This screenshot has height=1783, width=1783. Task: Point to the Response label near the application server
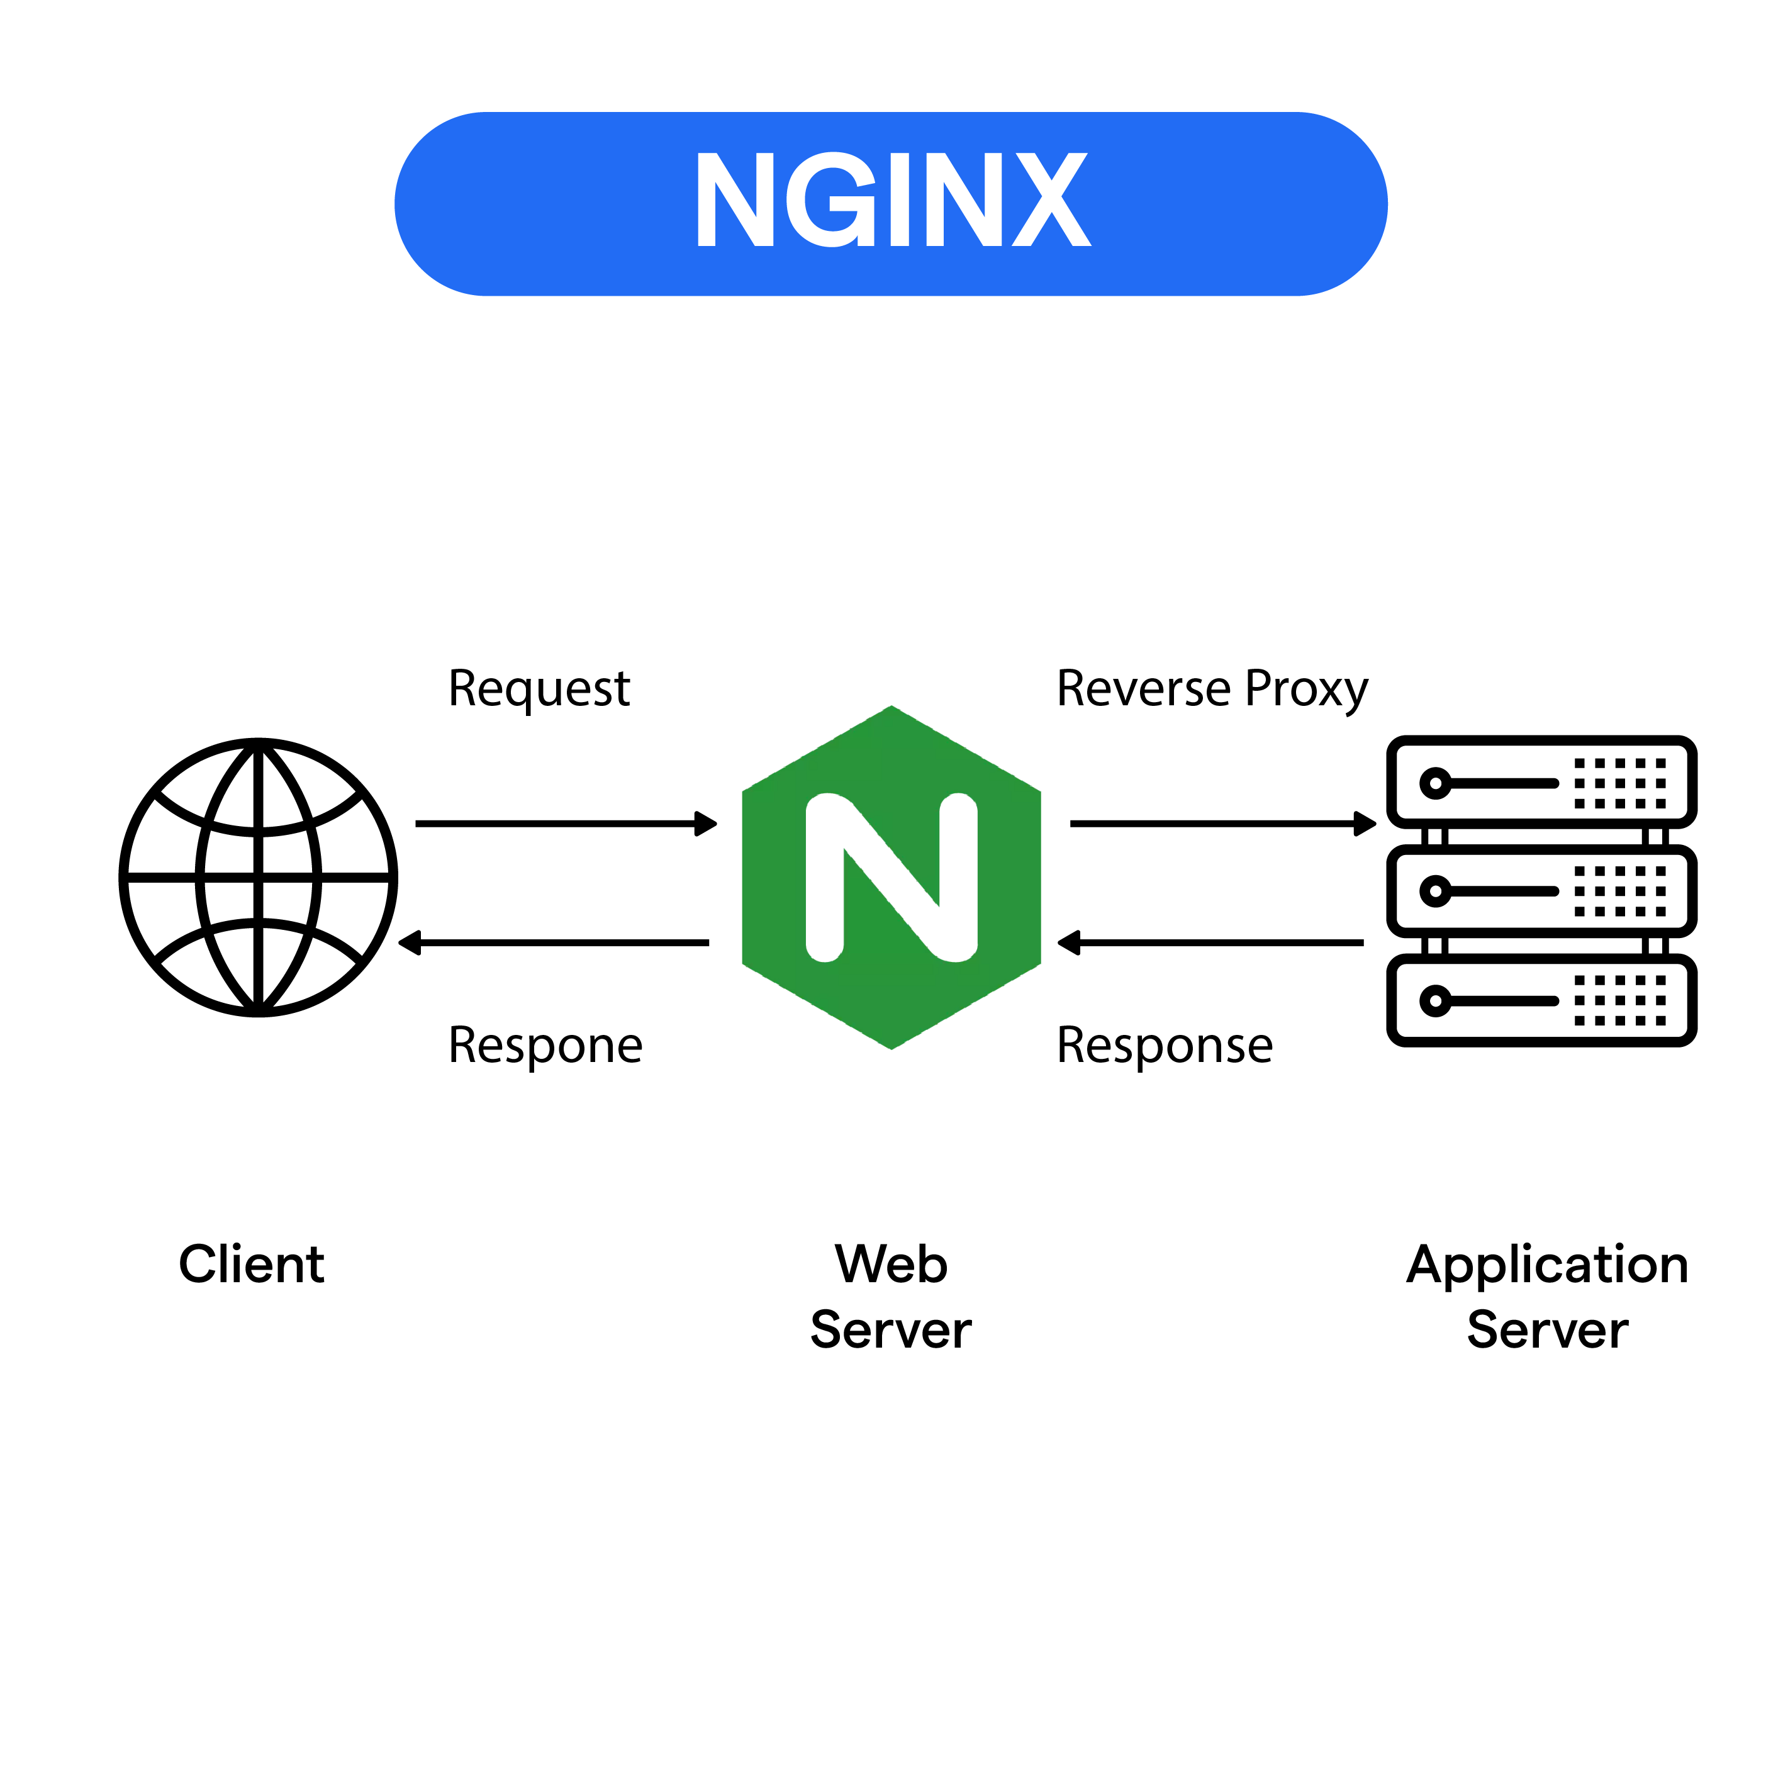[1165, 1046]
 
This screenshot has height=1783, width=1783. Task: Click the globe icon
[259, 877]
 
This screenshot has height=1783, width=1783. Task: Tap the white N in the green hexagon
[891, 877]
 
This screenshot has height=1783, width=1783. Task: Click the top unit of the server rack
[1541, 783]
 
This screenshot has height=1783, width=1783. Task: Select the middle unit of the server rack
[1541, 891]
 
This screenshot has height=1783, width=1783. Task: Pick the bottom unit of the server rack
[1541, 1000]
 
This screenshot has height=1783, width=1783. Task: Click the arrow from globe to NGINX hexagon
[565, 823]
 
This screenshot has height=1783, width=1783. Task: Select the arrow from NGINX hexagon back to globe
[554, 942]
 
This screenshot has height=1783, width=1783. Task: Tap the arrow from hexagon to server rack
[1222, 823]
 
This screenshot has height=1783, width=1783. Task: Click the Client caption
[251, 1265]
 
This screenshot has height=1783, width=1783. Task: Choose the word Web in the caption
[891, 1265]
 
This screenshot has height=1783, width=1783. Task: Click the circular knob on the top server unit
[1435, 783]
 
